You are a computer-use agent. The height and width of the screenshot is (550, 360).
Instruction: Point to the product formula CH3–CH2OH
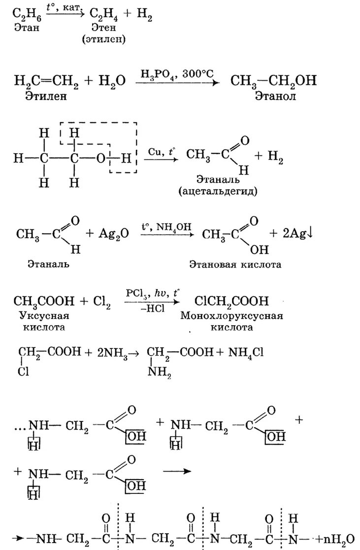point(274,80)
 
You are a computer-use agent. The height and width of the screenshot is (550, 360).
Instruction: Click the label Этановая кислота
point(235,265)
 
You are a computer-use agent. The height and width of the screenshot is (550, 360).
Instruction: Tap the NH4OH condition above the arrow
point(174,227)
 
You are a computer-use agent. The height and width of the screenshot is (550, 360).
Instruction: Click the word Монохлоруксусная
point(232,315)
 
